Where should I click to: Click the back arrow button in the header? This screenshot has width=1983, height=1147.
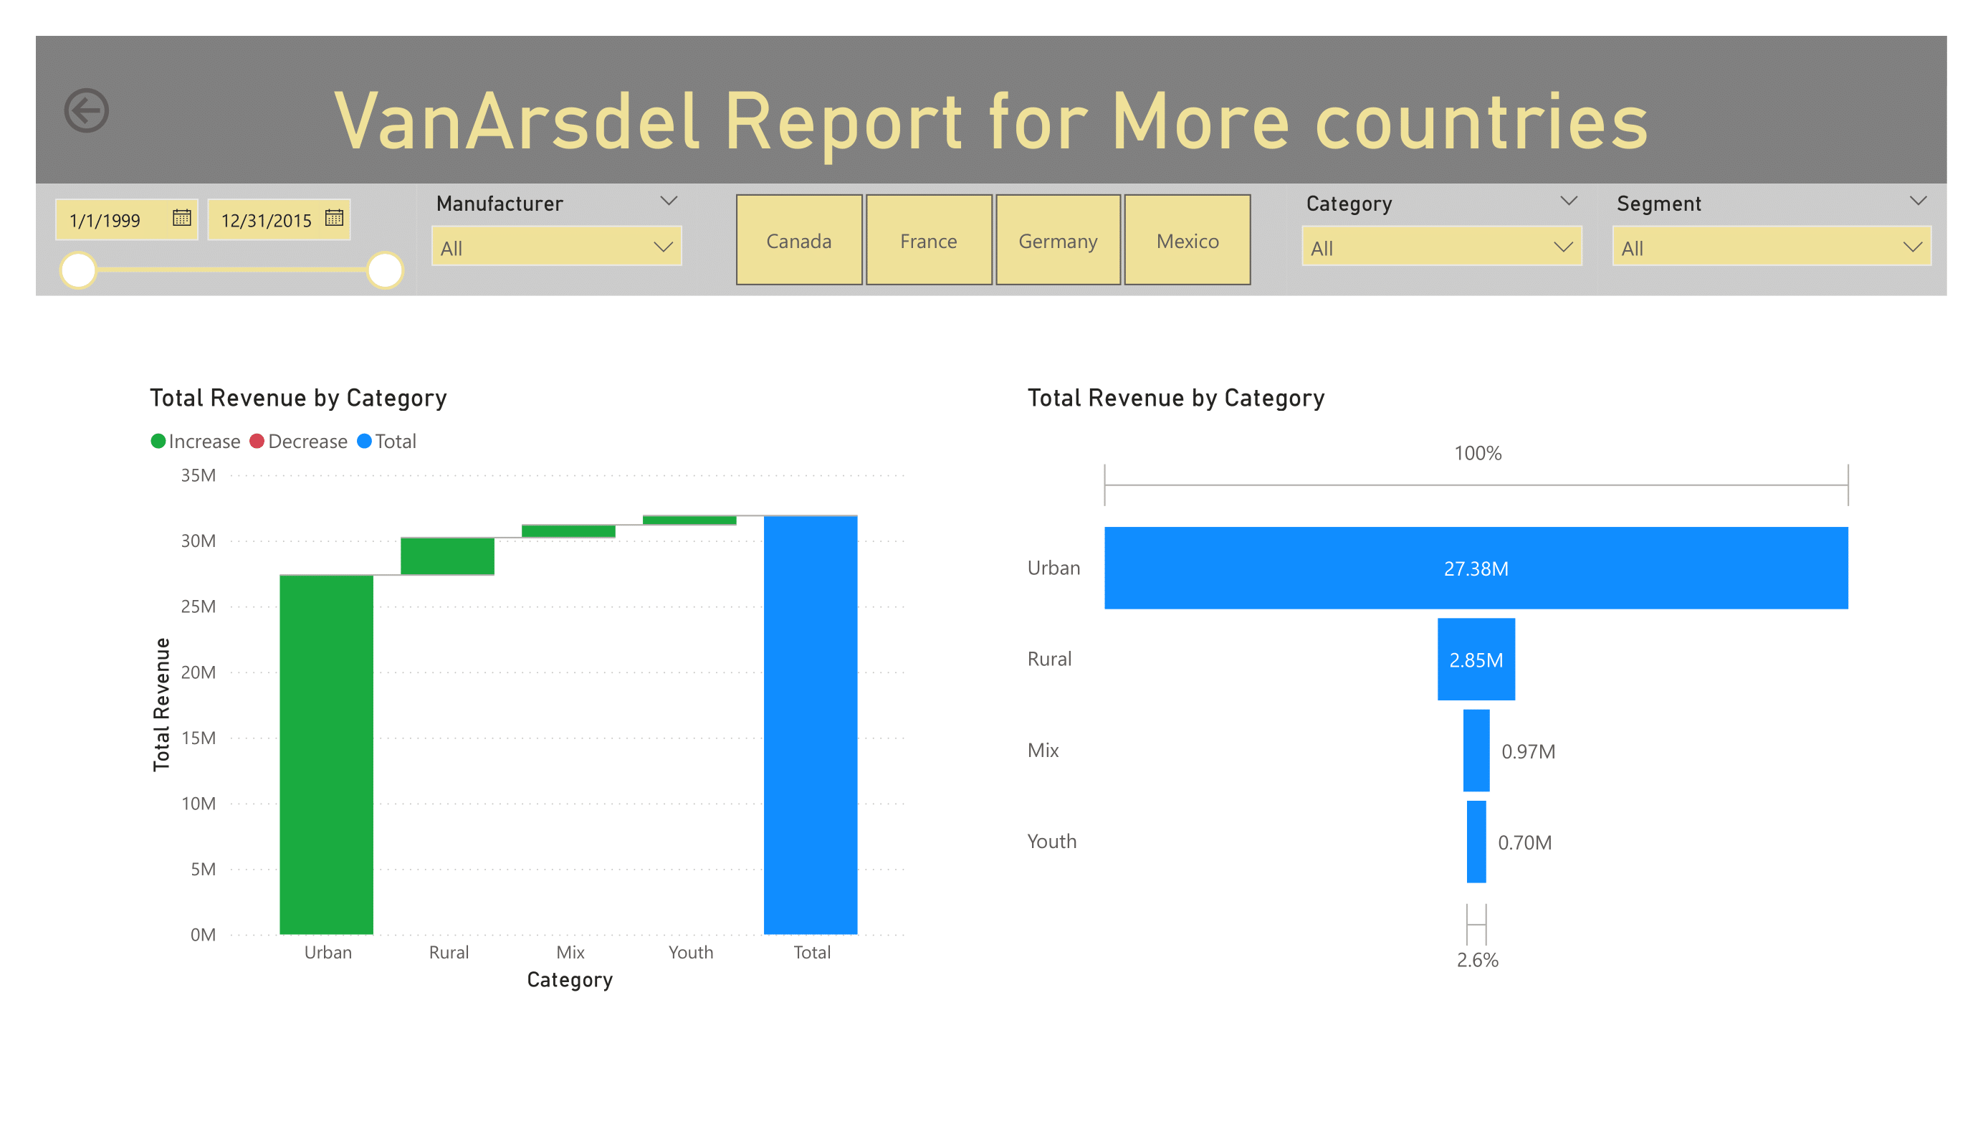pyautogui.click(x=87, y=110)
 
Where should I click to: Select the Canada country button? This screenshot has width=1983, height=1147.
pyautogui.click(x=798, y=240)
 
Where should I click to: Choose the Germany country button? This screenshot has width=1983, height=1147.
pyautogui.click(x=1058, y=240)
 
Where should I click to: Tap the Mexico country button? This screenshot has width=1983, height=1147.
pyautogui.click(x=1188, y=240)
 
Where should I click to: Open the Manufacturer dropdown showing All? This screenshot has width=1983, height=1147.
pyautogui.click(x=556, y=247)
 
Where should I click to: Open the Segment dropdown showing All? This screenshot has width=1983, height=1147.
pyautogui.click(x=1771, y=247)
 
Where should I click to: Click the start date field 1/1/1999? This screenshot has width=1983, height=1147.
pyautogui.click(x=105, y=219)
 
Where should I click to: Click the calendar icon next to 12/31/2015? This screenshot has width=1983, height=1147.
pyautogui.click(x=335, y=218)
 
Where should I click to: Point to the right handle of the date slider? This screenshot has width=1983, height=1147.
pyautogui.click(x=385, y=270)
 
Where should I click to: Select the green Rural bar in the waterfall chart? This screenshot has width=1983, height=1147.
pyautogui.click(x=447, y=556)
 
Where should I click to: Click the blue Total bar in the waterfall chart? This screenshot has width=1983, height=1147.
pyautogui.click(x=811, y=724)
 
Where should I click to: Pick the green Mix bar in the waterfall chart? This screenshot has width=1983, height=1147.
pyautogui.click(x=568, y=531)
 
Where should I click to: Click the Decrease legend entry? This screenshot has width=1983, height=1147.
pyautogui.click(x=299, y=441)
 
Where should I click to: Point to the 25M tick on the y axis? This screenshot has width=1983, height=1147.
pyautogui.click(x=199, y=606)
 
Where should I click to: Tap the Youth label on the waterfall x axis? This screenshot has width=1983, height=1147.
pyautogui.click(x=691, y=953)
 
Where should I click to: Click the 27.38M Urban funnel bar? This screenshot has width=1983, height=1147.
pyautogui.click(x=1476, y=568)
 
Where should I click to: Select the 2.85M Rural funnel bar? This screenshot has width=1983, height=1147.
pyautogui.click(x=1476, y=659)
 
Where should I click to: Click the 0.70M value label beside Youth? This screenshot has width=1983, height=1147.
pyautogui.click(x=1524, y=842)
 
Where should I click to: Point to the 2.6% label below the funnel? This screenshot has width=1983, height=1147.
pyautogui.click(x=1477, y=960)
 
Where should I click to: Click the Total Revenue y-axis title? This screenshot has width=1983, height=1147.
pyautogui.click(x=161, y=704)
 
